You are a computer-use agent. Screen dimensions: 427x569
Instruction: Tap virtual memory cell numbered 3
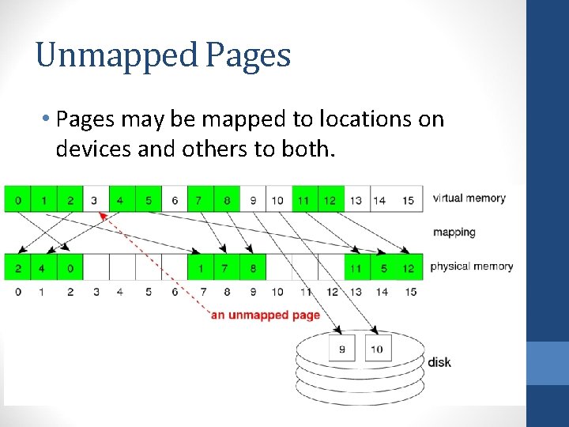(x=95, y=200)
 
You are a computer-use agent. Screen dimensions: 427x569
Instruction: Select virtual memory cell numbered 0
(x=17, y=200)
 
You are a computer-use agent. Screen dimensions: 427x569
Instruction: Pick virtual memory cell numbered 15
(x=408, y=200)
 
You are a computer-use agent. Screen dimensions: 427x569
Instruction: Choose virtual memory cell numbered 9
(x=253, y=200)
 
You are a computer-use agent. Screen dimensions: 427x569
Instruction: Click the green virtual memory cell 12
(x=330, y=200)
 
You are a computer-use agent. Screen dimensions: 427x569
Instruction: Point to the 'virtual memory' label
(x=469, y=198)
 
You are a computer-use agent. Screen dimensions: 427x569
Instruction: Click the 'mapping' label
(x=454, y=232)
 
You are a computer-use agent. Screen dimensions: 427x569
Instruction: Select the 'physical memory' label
(x=472, y=266)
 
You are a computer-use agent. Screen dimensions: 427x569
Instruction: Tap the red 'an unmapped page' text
(x=266, y=315)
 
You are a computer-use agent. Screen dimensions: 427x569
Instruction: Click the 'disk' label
(x=439, y=362)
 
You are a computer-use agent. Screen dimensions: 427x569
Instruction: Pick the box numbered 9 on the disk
(x=342, y=348)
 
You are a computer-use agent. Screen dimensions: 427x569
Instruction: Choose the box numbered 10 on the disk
(x=378, y=348)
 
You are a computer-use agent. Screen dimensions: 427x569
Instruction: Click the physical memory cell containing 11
(x=356, y=268)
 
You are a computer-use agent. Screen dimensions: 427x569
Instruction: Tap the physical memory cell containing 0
(x=70, y=268)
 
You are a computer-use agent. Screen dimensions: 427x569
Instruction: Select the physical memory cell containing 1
(x=201, y=268)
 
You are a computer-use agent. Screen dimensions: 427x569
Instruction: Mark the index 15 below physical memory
(x=408, y=292)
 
